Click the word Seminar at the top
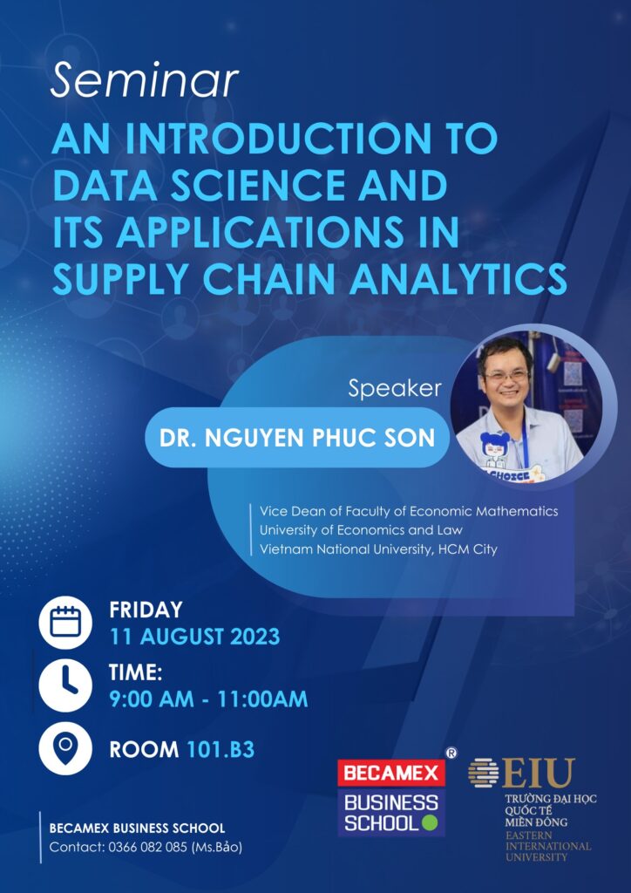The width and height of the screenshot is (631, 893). pyautogui.click(x=144, y=81)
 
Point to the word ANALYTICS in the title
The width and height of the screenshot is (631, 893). pyautogui.click(x=458, y=279)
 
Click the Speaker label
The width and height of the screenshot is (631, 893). pyautogui.click(x=395, y=389)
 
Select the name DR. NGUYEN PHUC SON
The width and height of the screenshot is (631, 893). pyautogui.click(x=297, y=438)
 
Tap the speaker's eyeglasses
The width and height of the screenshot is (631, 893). pyautogui.click(x=505, y=375)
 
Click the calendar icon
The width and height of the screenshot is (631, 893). pyautogui.click(x=65, y=623)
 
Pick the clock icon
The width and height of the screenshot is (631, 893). pyautogui.click(x=65, y=685)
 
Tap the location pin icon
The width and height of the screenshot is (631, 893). pyautogui.click(x=65, y=747)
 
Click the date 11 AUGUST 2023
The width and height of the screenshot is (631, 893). pyautogui.click(x=194, y=637)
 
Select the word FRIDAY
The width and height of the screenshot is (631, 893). pyautogui.click(x=146, y=610)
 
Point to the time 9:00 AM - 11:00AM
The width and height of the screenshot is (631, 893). pyautogui.click(x=208, y=699)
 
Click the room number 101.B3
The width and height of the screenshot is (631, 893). pyautogui.click(x=221, y=750)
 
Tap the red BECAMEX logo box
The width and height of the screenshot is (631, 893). pyautogui.click(x=391, y=774)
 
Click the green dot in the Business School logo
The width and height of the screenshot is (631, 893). pyautogui.click(x=431, y=823)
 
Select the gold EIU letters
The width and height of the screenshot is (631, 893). pyautogui.click(x=539, y=774)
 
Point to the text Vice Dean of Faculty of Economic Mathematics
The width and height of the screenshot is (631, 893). pyautogui.click(x=409, y=511)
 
